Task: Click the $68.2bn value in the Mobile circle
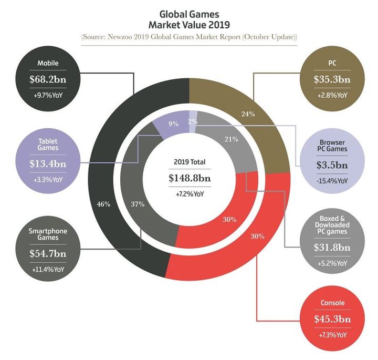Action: click(47, 81)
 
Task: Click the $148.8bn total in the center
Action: click(189, 178)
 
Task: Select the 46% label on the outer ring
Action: click(103, 204)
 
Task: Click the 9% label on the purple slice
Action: click(174, 125)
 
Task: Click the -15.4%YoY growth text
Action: click(332, 180)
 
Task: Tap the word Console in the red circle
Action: click(332, 303)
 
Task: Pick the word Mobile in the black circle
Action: click(47, 64)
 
